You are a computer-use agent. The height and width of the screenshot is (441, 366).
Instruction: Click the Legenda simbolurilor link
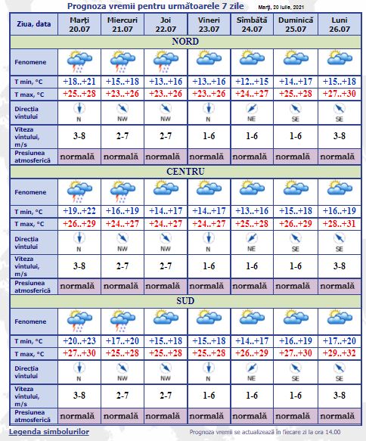click(x=49, y=431)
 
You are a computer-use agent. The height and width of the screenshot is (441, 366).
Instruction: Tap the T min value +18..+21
click(x=79, y=80)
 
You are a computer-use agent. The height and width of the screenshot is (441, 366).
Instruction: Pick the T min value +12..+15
click(x=251, y=80)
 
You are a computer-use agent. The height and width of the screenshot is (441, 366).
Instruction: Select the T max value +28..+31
click(x=337, y=224)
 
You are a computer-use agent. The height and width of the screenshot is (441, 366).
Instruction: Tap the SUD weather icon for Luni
click(x=337, y=320)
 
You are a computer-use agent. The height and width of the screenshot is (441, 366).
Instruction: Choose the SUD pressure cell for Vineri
click(x=208, y=415)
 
